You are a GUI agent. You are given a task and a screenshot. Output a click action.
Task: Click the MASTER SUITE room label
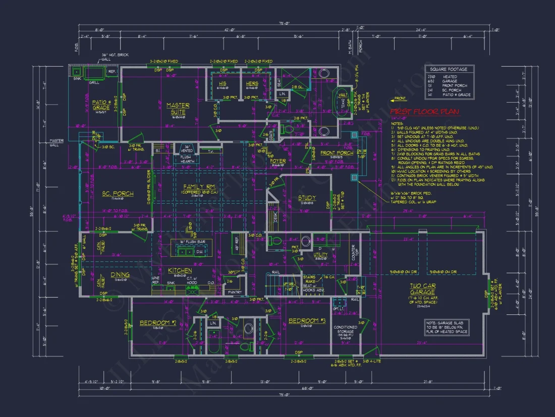click(x=178, y=109)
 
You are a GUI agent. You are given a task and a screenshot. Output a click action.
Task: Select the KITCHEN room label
click(x=180, y=270)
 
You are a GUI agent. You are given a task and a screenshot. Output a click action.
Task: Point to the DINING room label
click(x=120, y=274)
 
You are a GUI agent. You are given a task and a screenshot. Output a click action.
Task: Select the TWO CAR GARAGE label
click(x=422, y=289)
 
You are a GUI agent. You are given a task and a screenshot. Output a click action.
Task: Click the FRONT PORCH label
click(x=337, y=153)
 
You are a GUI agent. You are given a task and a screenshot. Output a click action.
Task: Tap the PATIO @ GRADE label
click(x=101, y=104)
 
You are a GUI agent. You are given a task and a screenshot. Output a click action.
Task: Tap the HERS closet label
click(x=252, y=83)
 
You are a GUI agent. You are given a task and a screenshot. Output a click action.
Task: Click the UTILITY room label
click(x=320, y=255)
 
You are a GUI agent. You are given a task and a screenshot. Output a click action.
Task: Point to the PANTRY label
click(x=235, y=292)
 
